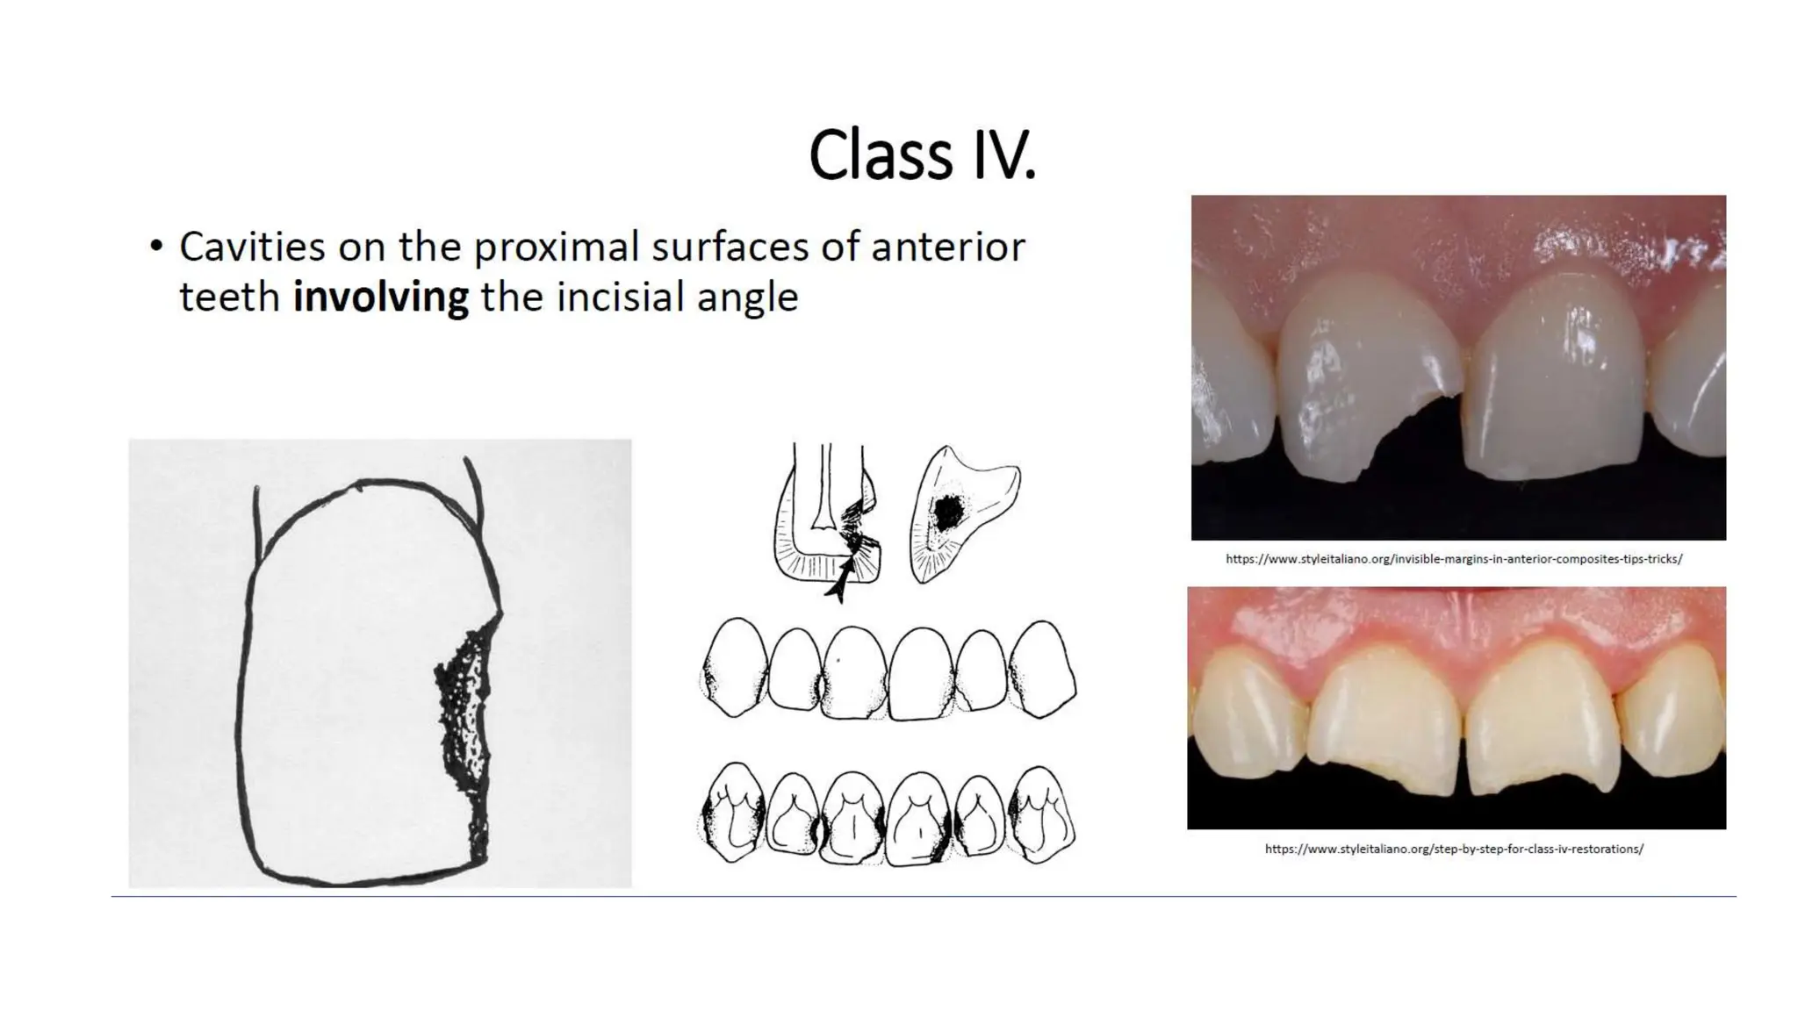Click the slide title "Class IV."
click(x=922, y=156)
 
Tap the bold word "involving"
click(x=380, y=297)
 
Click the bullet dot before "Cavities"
click(x=156, y=247)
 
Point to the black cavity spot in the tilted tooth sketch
click(x=946, y=513)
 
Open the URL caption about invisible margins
click(x=1453, y=559)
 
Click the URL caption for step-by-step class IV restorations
click(x=1453, y=849)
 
